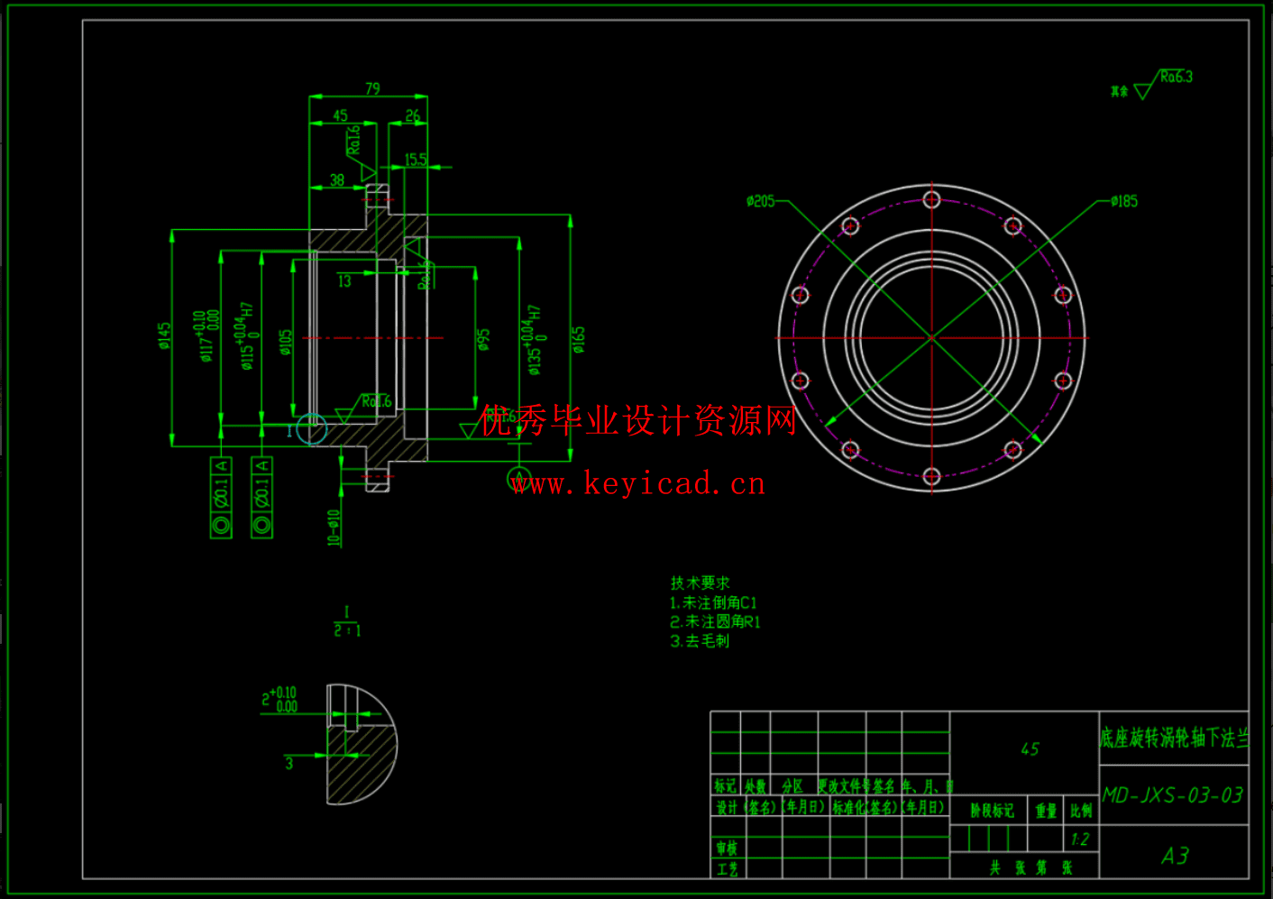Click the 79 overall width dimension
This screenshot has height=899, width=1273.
[x=372, y=88]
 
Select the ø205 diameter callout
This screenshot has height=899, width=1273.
[x=760, y=201]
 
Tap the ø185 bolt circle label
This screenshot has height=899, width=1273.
[x=1124, y=201]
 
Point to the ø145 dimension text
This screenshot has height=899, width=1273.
[x=164, y=336]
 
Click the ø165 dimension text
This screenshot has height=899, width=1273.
[x=579, y=339]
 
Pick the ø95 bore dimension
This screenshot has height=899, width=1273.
[x=484, y=339]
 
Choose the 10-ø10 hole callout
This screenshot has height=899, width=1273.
[x=334, y=527]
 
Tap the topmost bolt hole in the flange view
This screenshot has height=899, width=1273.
[x=932, y=199]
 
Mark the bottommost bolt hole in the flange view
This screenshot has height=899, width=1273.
[x=932, y=476]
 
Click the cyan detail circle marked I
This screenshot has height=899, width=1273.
[x=312, y=429]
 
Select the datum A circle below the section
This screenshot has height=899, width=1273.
[x=519, y=478]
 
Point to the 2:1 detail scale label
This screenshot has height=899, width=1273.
[x=347, y=629]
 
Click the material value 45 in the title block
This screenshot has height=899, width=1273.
[x=1030, y=749]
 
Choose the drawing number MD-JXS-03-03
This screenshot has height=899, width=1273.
[x=1173, y=795]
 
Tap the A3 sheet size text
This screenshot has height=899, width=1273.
[x=1175, y=856]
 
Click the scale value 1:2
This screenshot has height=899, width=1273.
[x=1080, y=839]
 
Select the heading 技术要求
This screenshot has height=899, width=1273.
[x=701, y=583]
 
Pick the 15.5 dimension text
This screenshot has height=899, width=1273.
[x=416, y=160]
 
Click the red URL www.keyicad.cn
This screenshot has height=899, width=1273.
[x=638, y=484]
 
